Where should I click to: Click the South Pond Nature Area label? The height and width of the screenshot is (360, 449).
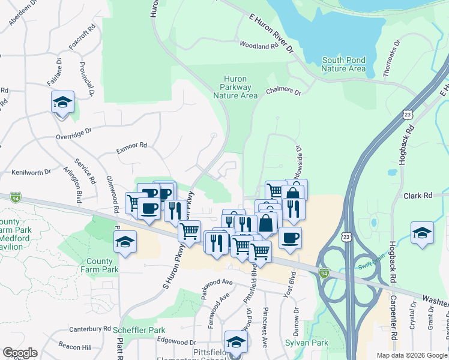(343, 64)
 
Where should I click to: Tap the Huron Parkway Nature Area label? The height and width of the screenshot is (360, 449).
(236, 87)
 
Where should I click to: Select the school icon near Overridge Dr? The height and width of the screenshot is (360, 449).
(62, 103)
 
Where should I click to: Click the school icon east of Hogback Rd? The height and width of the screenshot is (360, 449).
(423, 233)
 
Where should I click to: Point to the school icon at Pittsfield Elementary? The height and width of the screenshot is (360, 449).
(237, 342)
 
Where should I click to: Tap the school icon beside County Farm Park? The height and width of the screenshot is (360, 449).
(125, 242)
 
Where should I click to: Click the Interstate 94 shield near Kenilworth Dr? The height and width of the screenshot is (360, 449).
(16, 197)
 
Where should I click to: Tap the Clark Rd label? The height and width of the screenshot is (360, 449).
(418, 196)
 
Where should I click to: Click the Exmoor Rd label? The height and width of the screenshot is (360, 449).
(131, 145)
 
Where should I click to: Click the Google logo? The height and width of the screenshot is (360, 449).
(20, 353)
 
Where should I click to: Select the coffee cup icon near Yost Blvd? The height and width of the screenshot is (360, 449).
(289, 237)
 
